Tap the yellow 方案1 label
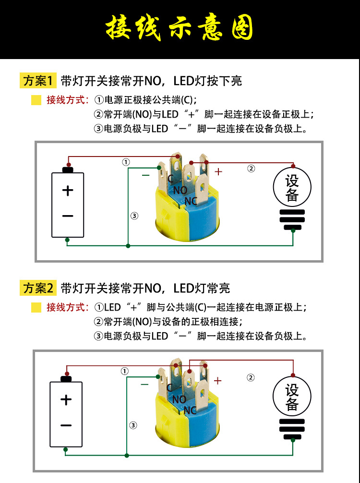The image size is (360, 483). point(39,81)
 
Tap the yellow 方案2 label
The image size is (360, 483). point(39,288)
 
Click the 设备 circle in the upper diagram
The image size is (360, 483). point(292,188)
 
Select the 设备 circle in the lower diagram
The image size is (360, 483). point(292,397)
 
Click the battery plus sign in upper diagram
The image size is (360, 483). point(68,191)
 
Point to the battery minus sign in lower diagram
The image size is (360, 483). point(66,425)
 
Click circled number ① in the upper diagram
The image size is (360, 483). point(126,162)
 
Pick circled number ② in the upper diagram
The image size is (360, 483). point(251,168)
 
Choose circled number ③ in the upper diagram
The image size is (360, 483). point(134,216)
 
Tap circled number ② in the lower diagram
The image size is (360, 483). point(251,377)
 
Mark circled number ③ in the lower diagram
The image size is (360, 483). point(133,425)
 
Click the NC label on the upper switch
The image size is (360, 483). point(191,200)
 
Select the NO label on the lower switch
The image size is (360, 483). point(179,399)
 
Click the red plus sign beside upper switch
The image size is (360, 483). point(218,171)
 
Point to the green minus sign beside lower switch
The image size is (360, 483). point(144,384)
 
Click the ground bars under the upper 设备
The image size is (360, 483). point(292,220)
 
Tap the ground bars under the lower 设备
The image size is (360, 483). point(292,429)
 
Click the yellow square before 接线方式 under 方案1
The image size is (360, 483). point(36,100)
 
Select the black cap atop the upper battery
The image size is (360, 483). point(68,169)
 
